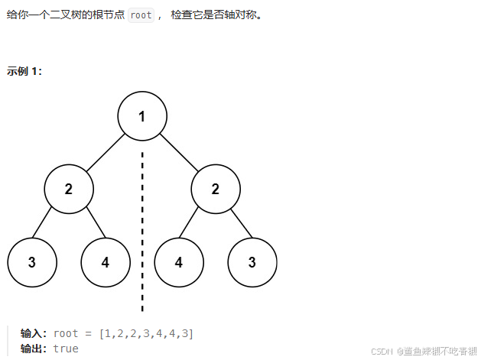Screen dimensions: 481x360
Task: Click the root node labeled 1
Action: (x=142, y=116)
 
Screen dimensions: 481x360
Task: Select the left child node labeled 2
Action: (x=69, y=189)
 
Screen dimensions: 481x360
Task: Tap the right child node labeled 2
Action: (x=216, y=189)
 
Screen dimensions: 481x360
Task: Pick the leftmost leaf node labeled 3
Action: (x=32, y=262)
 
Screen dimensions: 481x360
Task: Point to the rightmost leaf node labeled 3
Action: (x=252, y=262)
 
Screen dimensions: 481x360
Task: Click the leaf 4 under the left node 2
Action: (x=106, y=262)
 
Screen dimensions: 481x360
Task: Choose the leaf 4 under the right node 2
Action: (x=179, y=262)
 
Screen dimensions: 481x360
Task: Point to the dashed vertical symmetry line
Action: (x=142, y=229)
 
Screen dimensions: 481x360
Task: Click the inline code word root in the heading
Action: (x=141, y=15)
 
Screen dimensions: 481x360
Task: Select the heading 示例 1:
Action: (x=24, y=71)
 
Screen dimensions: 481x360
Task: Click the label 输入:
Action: (x=34, y=333)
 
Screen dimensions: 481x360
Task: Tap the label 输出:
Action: (x=34, y=349)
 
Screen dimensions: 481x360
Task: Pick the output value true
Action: (x=66, y=349)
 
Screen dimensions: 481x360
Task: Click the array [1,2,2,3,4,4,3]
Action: (x=146, y=333)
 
